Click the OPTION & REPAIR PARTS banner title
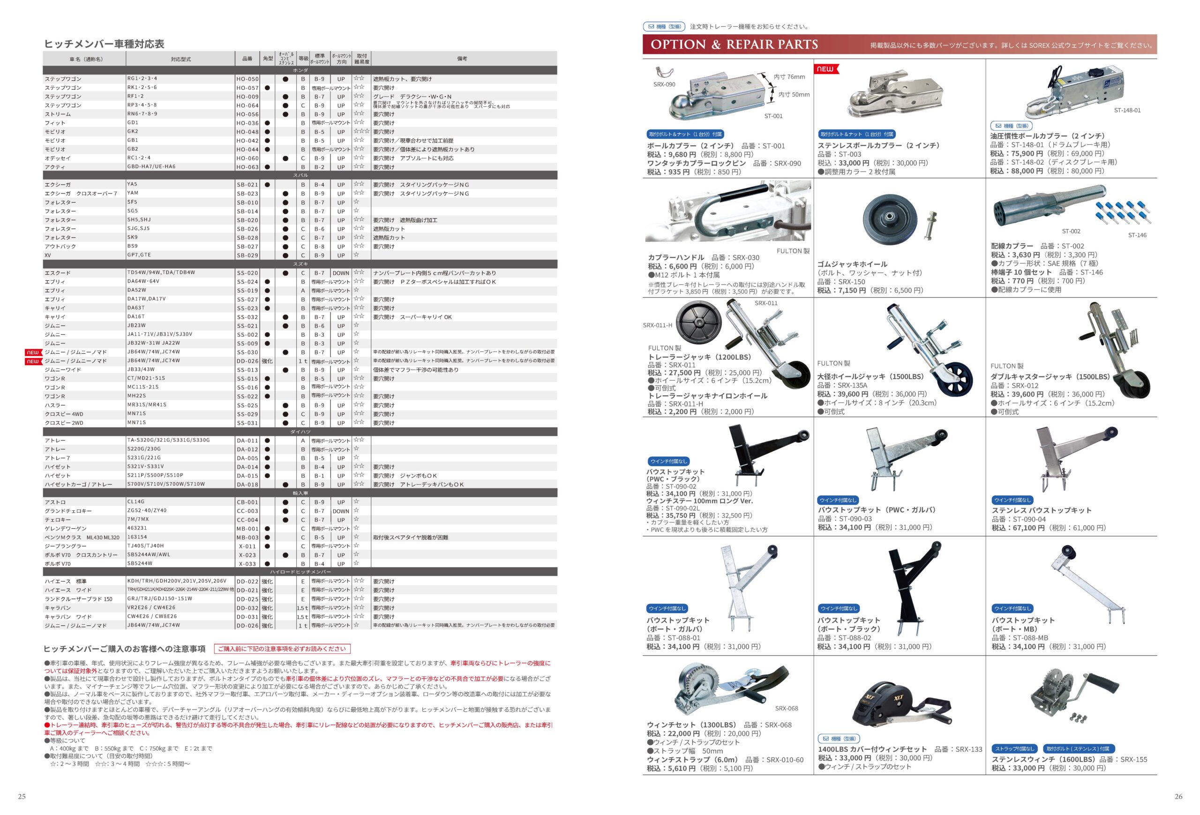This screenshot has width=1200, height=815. point(734,45)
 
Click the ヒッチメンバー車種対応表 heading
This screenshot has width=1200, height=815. point(104,44)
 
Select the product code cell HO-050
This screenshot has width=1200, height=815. point(247,79)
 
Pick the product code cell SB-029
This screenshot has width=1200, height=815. point(247,255)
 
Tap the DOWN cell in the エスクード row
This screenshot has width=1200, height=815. point(341,273)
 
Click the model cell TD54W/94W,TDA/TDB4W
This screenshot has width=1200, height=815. point(161,273)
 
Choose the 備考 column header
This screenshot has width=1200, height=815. point(462,59)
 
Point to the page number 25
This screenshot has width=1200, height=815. point(22,796)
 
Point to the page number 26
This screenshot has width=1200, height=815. point(1178,796)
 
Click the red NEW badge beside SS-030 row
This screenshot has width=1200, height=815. point(33,352)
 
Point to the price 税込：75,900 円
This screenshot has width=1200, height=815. point(1016,153)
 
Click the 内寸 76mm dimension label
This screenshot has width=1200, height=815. point(789,77)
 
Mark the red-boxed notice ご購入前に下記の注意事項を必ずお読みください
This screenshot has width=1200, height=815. point(282,649)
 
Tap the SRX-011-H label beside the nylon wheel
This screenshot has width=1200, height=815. point(657,325)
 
